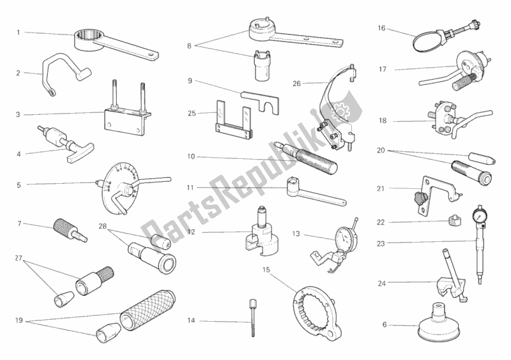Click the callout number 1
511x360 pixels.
point(19,33)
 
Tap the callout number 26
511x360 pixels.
point(296,84)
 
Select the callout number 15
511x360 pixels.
point(266,270)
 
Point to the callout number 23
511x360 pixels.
point(381,243)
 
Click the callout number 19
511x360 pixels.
point(19,320)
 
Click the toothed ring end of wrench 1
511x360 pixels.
point(87,39)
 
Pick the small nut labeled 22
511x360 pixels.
point(455,221)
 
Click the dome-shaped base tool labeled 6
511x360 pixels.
point(439,322)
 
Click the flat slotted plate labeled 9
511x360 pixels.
point(260,100)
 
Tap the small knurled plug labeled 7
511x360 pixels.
point(70,229)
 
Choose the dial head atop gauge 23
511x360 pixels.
point(478,215)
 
